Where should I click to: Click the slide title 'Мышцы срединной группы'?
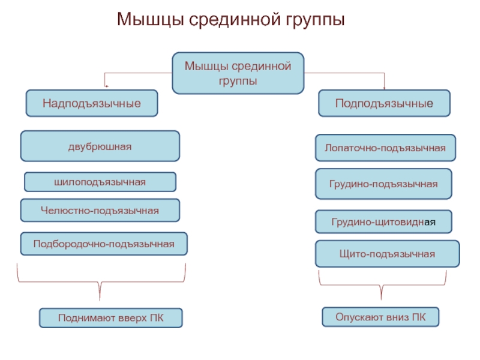pyautogui.click(x=231, y=20)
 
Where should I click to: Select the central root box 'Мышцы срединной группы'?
pyautogui.click(x=238, y=73)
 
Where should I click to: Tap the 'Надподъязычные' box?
pyautogui.click(x=92, y=103)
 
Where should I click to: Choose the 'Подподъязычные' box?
pyautogui.click(x=384, y=103)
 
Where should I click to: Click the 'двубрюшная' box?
pyautogui.click(x=100, y=146)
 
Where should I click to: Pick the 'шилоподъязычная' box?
pyautogui.click(x=100, y=182)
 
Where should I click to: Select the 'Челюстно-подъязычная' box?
pyautogui.click(x=100, y=211)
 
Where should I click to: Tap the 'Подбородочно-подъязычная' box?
pyautogui.click(x=104, y=244)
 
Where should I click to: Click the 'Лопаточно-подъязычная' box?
pyautogui.click(x=385, y=148)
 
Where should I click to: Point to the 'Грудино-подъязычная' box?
pyautogui.click(x=383, y=184)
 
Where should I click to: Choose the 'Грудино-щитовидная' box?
pyautogui.click(x=383, y=221)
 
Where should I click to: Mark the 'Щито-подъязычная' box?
pyautogui.click(x=387, y=254)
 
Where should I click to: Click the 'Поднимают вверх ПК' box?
pyautogui.click(x=111, y=318)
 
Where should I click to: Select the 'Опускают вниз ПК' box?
pyautogui.click(x=380, y=317)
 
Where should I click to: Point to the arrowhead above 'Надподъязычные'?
pyautogui.click(x=106, y=86)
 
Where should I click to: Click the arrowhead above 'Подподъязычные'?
pyautogui.click(x=384, y=88)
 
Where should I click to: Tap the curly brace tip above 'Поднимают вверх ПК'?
pyautogui.click(x=100, y=300)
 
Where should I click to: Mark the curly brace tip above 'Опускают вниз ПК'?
pyautogui.click(x=382, y=299)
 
